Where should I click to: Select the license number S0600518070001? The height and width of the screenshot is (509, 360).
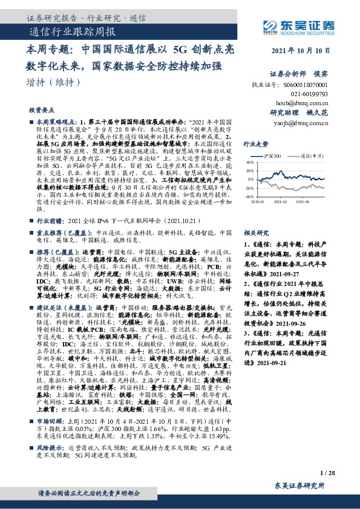(306, 86)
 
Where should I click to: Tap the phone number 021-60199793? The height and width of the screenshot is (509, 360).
(306, 94)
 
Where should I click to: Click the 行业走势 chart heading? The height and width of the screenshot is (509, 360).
(255, 144)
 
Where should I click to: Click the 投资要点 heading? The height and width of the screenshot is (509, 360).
(41, 111)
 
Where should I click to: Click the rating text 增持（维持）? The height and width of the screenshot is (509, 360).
(54, 82)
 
